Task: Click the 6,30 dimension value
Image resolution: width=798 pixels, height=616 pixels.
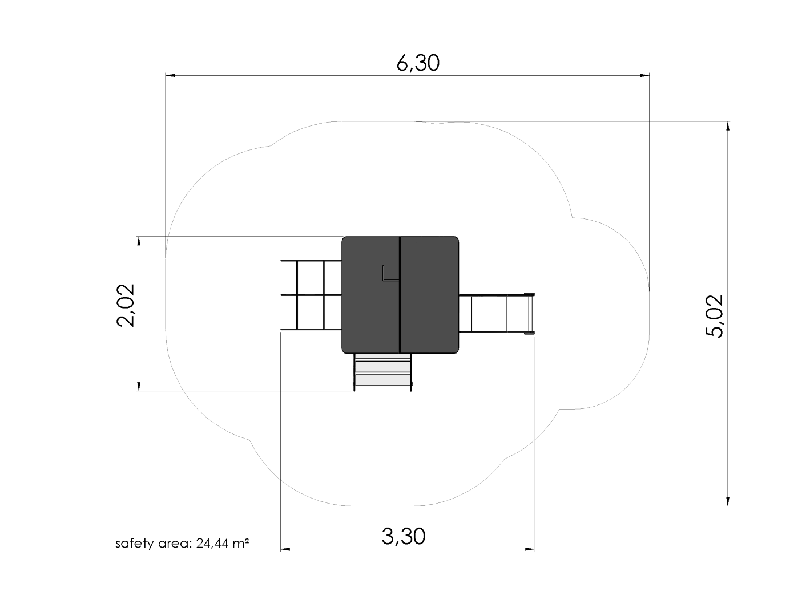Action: (417, 63)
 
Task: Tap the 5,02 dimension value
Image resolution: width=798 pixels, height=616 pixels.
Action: (714, 316)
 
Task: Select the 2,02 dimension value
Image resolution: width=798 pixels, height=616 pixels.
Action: (126, 305)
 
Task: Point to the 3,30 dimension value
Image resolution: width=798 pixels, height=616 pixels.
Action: (403, 536)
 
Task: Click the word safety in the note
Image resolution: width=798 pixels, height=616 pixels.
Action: (134, 544)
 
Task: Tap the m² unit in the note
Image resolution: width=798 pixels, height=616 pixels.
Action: (241, 542)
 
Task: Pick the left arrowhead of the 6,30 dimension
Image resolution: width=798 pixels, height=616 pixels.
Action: (170, 76)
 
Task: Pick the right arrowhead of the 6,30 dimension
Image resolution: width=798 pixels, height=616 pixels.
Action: (644, 76)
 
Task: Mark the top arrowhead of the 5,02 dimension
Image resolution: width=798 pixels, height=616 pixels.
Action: (728, 126)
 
